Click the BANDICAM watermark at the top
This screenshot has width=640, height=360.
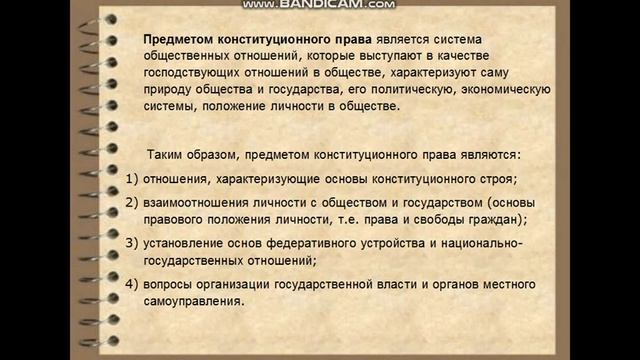[x=319, y=5]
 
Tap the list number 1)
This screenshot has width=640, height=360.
[x=138, y=179]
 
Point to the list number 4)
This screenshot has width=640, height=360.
[x=138, y=284]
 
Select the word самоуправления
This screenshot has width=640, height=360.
[x=199, y=301]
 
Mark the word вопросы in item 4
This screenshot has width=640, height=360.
[x=182, y=284]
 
